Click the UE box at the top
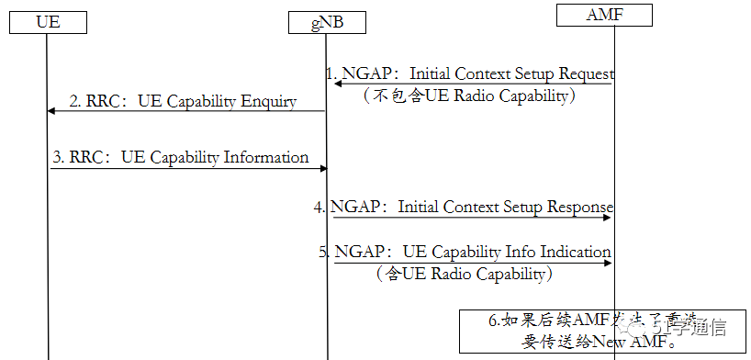tap(49, 22)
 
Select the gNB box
tap(327, 22)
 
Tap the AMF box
tap(604, 15)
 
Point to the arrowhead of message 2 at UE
tap(52, 110)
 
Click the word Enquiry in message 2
tap(269, 102)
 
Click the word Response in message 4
tap(579, 207)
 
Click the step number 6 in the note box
tap(493, 321)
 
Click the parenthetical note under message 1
tap(469, 96)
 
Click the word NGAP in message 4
tap(359, 207)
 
